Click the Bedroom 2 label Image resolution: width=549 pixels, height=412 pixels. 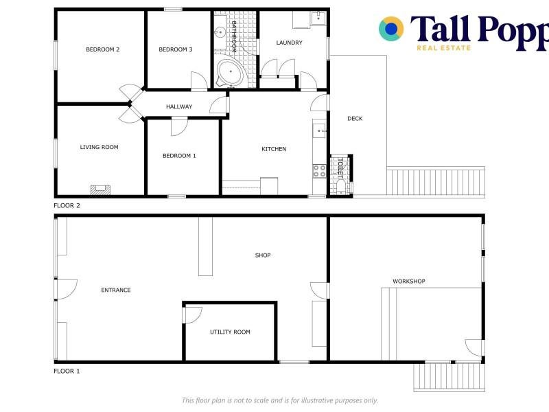pos(102,49)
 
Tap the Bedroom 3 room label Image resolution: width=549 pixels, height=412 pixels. pos(176,49)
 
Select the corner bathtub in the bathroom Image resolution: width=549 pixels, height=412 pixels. pos(230,73)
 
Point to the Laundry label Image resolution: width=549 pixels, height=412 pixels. pos(289,43)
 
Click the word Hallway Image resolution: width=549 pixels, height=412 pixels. pos(179,106)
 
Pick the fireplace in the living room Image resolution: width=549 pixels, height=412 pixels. pos(100,190)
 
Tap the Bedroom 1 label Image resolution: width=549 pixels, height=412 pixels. pos(179,156)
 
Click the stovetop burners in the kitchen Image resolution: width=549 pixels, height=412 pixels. pos(319,171)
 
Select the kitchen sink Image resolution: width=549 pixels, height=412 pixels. pos(319,130)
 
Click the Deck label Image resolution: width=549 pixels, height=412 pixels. pos(355,119)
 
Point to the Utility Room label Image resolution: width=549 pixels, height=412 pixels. pos(230,332)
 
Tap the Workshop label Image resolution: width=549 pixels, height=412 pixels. pos(408,281)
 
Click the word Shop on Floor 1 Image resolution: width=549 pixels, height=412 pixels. pos(263,255)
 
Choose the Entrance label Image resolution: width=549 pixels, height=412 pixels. pos(116,290)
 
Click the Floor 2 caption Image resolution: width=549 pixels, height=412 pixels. pos(67,205)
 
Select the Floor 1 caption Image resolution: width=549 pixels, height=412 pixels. pos(67,371)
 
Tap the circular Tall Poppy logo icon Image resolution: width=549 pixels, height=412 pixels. pos(391,29)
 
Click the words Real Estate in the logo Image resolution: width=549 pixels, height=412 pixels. pos(443,48)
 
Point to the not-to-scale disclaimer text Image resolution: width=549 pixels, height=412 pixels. pos(280,400)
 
